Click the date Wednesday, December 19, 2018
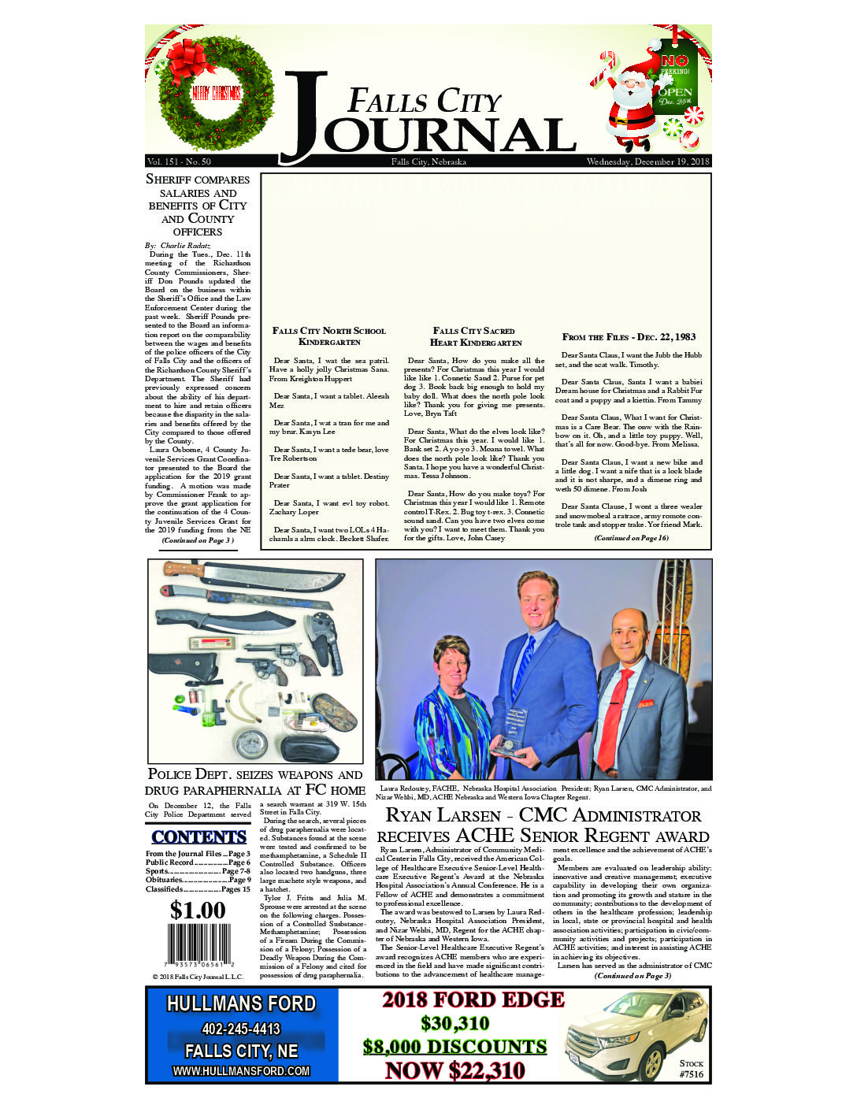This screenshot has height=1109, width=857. tap(647, 161)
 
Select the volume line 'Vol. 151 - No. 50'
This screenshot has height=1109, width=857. tap(179, 161)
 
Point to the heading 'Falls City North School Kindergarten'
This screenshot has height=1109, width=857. tap(329, 336)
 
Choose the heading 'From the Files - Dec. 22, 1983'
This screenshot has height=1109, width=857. tap(629, 337)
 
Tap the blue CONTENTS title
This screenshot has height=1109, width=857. tap(198, 837)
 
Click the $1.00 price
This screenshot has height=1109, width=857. tap(198, 911)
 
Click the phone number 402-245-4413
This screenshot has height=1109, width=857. tap(241, 1029)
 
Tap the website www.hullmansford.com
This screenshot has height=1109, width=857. tap(241, 1071)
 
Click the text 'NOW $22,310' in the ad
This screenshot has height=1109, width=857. tap(454, 1071)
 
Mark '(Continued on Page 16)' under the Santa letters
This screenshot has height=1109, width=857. tap(631, 538)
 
